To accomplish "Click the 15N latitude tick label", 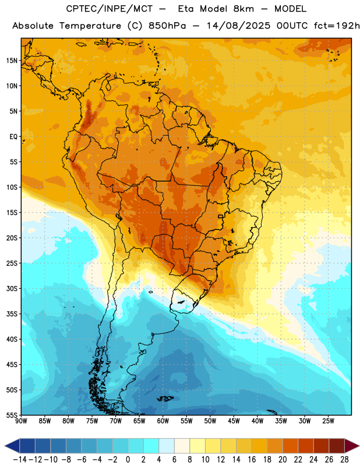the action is (12, 61).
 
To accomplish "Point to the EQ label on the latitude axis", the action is (13, 137).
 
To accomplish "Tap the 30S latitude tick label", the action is (12, 288).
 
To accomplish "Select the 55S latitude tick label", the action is (12, 415).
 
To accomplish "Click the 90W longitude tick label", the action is (21, 421).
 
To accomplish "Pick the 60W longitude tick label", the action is (163, 421).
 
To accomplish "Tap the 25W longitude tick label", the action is (328, 421).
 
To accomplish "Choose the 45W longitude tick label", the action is (234, 421).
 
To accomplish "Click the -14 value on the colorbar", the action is (20, 460).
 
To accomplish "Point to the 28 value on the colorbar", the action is (344, 460).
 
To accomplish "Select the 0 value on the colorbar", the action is (128, 460).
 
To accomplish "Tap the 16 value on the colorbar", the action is (252, 460).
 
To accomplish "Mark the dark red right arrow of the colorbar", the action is (352, 446).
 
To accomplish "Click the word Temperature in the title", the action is (90, 26).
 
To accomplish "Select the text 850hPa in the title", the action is (167, 26).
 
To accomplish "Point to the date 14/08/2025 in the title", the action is (238, 26).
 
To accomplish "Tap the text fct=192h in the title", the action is (337, 26).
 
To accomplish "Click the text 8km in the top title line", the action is (243, 9).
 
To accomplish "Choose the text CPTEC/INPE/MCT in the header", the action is (109, 9).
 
